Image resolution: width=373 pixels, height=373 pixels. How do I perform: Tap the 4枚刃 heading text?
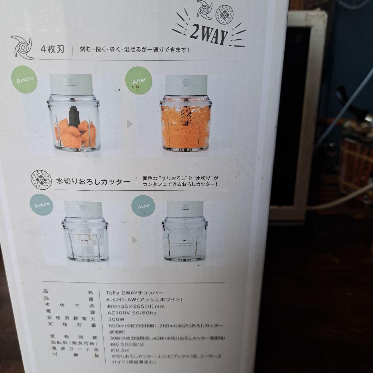[x=52, y=49]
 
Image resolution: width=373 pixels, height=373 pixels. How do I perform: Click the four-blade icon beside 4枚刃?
[x=22, y=47]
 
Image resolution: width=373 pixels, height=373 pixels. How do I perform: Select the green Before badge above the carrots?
[x=25, y=79]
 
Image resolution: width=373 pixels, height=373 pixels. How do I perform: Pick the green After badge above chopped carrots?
[x=139, y=81]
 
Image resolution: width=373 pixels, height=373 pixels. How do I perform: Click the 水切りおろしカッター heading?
[x=93, y=182]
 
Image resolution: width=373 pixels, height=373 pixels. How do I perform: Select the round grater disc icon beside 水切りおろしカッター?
[x=41, y=180]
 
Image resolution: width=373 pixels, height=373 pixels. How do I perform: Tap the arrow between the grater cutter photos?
[x=135, y=240]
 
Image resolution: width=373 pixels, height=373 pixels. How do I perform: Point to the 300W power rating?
[x=115, y=319]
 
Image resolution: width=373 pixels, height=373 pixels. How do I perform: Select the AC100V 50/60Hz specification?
[x=132, y=313]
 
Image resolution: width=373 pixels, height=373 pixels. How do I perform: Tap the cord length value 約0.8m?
[x=119, y=350]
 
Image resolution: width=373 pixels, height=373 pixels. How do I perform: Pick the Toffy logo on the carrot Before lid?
[x=71, y=82]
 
